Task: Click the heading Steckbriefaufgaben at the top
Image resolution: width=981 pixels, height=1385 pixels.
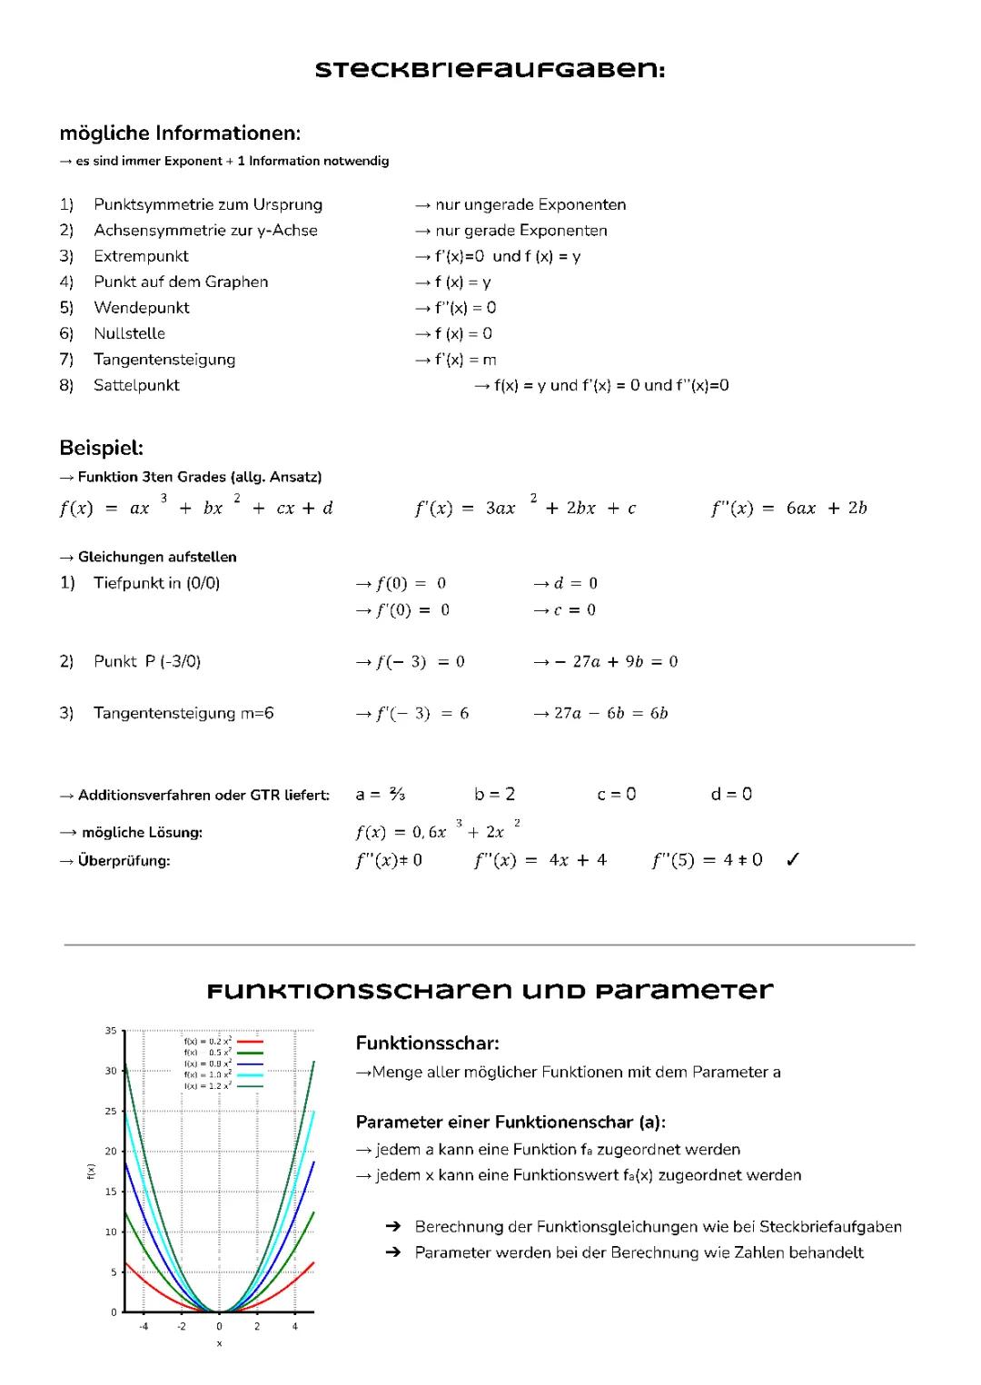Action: [x=490, y=70]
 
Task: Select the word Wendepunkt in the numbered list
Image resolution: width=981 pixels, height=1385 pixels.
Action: [x=142, y=308]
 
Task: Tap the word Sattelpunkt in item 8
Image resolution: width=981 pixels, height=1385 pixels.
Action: [x=136, y=385]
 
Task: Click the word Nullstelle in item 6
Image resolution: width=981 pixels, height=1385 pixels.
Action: [x=129, y=333]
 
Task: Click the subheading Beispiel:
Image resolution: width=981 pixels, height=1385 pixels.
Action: [x=101, y=448]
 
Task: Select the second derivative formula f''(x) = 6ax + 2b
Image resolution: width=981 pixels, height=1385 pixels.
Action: [x=788, y=508]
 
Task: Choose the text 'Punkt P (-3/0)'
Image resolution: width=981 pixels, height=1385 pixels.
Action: [x=146, y=661]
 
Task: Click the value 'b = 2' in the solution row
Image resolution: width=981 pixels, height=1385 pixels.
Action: [x=494, y=795]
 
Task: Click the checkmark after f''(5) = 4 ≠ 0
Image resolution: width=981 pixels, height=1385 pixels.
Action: [x=792, y=860]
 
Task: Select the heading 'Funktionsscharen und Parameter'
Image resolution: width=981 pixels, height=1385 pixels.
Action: [x=490, y=990]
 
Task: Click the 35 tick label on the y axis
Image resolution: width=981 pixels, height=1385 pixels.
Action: [x=111, y=1031]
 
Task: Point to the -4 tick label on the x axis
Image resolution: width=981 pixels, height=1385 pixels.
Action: [x=144, y=1327]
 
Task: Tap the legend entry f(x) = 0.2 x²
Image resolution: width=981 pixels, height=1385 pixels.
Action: [x=208, y=1042]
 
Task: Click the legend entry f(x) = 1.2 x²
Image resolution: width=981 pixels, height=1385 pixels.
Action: [x=208, y=1086]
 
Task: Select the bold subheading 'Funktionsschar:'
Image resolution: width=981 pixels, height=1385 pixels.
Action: [x=427, y=1044]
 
